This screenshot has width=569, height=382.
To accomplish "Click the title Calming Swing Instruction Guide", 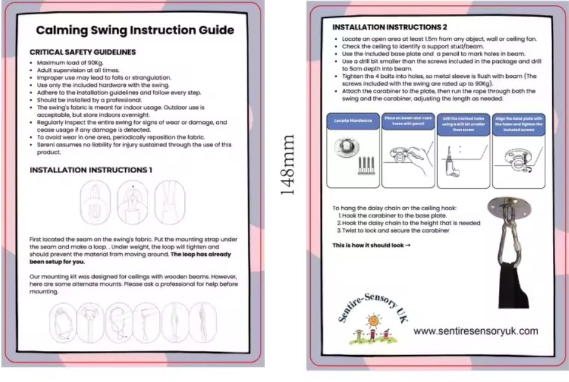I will (x=134, y=30).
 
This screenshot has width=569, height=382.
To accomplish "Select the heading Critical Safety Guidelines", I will (x=83, y=52).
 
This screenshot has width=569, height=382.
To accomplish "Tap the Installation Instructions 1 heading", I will (x=90, y=170).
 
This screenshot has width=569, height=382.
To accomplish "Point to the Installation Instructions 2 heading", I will (x=389, y=27).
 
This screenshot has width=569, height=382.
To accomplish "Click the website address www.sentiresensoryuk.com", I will (x=476, y=331).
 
